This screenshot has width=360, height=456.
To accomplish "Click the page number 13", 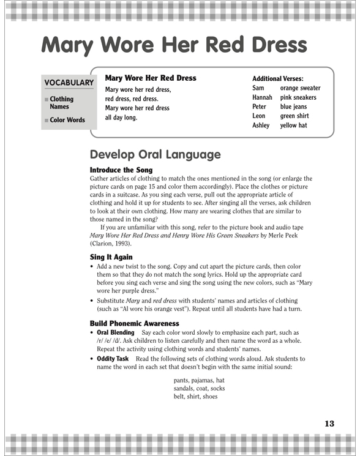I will pos(329,424).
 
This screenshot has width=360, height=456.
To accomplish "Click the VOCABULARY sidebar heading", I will pos(69,83).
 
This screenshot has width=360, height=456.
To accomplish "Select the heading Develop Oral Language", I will pos(155,154).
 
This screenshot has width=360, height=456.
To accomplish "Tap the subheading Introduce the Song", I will pos(121,170).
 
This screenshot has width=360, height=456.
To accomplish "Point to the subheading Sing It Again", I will pos(111,257).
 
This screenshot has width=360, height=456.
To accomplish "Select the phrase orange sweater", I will pos(300,88).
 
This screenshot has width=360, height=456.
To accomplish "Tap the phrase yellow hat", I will pos(293,125).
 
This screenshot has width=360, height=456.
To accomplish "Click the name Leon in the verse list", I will pos(259,116).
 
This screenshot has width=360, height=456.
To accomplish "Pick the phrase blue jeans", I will pos(293,107).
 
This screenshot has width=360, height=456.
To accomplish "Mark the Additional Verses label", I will pos(277,79).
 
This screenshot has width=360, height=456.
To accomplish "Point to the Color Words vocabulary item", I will pos(67,120).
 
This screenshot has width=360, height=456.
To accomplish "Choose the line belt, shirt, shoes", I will pos(195,396).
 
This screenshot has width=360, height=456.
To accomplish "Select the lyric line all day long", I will pos(121,117).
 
